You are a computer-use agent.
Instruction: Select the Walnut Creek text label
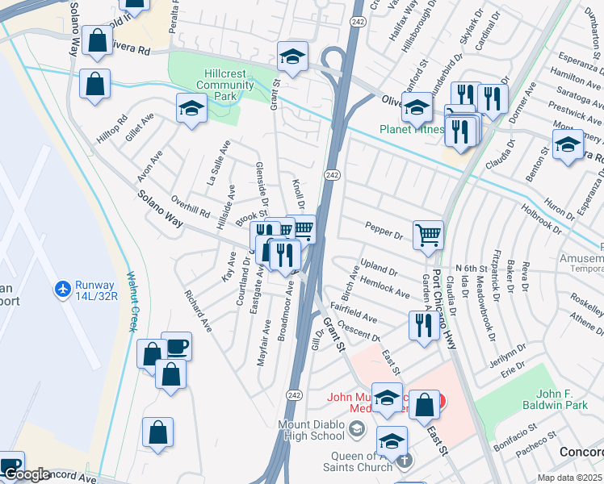point(132,301)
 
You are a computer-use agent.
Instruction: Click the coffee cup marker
point(176,347)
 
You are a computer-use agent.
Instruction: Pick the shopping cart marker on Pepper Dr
point(428,236)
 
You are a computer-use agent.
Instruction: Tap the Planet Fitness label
point(412,129)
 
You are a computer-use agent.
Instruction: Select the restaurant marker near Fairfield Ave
point(424,325)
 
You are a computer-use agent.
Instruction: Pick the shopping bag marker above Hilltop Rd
point(95,83)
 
